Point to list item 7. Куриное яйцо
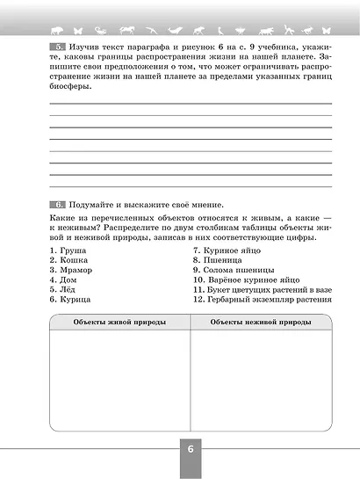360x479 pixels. (229, 250)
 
